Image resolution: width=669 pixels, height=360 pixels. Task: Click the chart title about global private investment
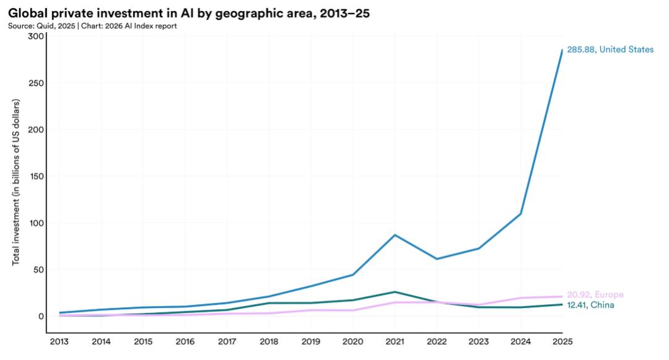tap(188, 13)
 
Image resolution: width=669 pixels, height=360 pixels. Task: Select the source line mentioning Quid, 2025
tap(92, 26)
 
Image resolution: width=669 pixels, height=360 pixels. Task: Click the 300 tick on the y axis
tap(37, 37)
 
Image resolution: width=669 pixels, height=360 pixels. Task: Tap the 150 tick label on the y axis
tap(37, 177)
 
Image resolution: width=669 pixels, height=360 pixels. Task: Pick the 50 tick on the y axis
tap(39, 270)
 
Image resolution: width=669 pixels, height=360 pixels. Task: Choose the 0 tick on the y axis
tap(42, 316)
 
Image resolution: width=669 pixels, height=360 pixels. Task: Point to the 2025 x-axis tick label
tap(562, 341)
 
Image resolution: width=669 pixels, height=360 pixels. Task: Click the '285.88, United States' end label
tap(610, 50)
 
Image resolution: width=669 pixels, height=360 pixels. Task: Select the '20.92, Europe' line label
tap(595, 295)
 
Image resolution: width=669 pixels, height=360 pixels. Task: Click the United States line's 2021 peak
tap(394, 235)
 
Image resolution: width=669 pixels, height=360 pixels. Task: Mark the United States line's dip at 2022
tap(436, 259)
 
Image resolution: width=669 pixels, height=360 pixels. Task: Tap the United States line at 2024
tap(520, 214)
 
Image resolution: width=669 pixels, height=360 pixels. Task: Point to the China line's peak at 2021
tap(394, 292)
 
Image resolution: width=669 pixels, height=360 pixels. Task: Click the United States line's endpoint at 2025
tap(562, 50)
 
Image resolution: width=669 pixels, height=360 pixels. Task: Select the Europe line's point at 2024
tap(520, 298)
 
